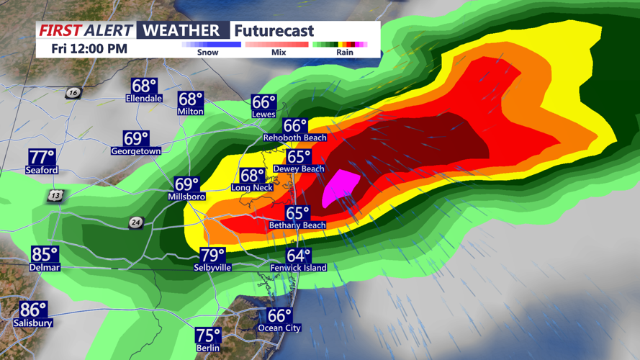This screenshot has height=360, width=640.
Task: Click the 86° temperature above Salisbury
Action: [x=33, y=310]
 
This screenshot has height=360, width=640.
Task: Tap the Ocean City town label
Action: [x=280, y=328]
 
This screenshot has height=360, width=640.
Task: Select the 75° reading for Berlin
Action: [x=208, y=336]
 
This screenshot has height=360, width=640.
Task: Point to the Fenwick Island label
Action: [x=298, y=268]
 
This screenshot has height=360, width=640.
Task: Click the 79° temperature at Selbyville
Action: [x=213, y=256]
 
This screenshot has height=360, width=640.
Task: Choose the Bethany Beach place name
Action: [x=297, y=225]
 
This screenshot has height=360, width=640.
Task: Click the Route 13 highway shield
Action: [x=56, y=196]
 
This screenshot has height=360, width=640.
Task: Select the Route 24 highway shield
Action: [x=135, y=222]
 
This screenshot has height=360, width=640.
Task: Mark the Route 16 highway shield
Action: [x=73, y=93]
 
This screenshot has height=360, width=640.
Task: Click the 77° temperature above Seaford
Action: [x=42, y=158]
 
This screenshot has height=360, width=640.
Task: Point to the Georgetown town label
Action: [x=135, y=151]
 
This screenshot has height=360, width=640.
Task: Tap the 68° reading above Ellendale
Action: [x=144, y=86]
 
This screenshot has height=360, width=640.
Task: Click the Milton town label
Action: [x=190, y=112]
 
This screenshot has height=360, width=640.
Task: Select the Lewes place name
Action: [x=263, y=114]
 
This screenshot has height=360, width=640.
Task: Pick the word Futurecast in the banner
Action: [x=274, y=30]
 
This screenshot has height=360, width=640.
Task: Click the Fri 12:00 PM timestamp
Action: [x=89, y=49]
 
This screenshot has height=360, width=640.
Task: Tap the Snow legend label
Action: [x=207, y=53]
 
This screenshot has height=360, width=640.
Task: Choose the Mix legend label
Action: [x=278, y=53]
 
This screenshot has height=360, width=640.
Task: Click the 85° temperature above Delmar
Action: [x=45, y=255]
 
